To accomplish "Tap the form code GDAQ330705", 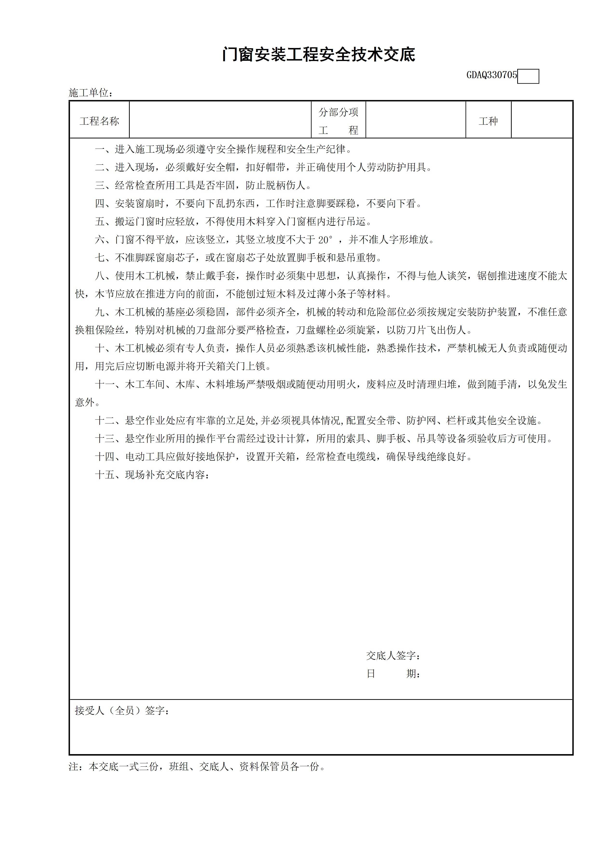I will coord(491,75).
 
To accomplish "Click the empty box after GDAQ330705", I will coord(528,76).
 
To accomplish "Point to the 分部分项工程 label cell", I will coord(338,121).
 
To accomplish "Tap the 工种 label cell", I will coord(488,121).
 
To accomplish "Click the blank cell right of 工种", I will coord(542,120).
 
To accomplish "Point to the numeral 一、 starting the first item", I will coord(104,149).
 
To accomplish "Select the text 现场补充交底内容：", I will coord(168,475).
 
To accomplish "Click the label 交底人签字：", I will coord(393,655).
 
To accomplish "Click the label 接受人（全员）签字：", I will coord(122,710).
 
